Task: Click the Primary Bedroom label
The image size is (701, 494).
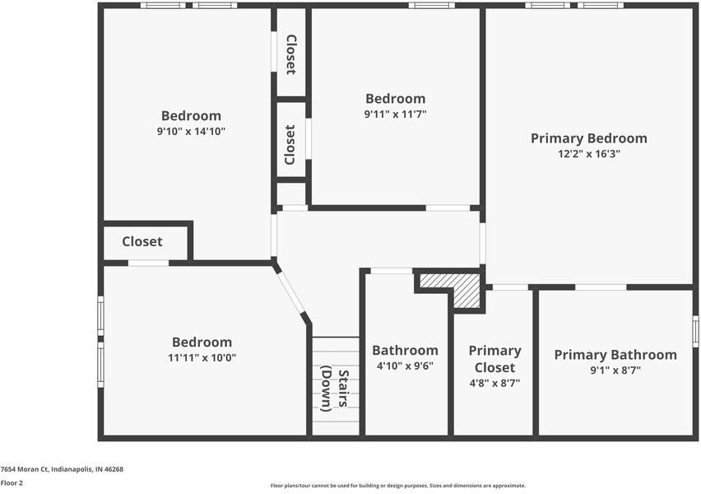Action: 588,138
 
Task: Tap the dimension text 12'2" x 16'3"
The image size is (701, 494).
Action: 588,154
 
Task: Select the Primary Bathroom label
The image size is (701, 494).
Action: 615,355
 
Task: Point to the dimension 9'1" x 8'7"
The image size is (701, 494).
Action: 615,370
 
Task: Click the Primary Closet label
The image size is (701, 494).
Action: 494,359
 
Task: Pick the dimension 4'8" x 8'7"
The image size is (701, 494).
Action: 494,383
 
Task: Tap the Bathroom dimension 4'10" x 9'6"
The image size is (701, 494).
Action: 405,366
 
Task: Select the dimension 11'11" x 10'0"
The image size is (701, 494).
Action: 202,358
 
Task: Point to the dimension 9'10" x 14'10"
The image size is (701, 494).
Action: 191,131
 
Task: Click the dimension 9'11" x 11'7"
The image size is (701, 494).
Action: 396,114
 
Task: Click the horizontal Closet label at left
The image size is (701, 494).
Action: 142,242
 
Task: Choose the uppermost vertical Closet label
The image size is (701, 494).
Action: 290,54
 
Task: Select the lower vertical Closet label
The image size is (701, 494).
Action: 290,145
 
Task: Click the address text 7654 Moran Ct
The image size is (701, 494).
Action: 62,469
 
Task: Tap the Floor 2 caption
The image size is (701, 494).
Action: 12,482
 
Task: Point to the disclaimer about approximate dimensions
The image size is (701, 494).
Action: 397,486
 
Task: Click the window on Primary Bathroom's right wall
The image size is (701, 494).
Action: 694,331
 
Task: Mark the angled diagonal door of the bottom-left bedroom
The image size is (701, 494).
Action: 291,292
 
